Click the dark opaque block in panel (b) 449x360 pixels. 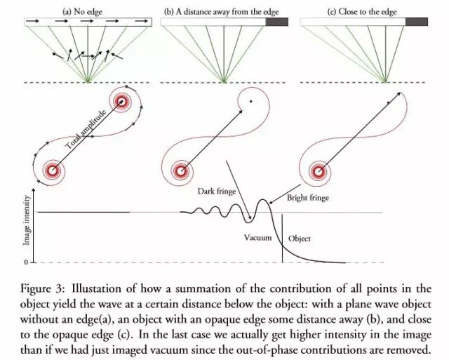276,22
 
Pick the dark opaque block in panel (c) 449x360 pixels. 417,22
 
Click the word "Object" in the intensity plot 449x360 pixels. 300,239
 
